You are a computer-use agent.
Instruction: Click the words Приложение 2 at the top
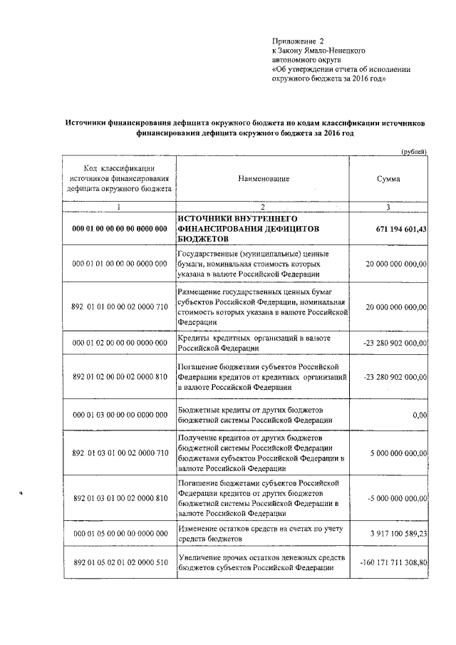pyautogui.click(x=298, y=42)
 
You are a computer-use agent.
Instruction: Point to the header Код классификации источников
pyautogui.click(x=119, y=179)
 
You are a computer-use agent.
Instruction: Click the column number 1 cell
pyautogui.click(x=119, y=207)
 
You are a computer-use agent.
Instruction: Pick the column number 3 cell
pyautogui.click(x=388, y=207)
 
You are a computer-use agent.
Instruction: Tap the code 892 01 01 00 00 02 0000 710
pyautogui.click(x=119, y=306)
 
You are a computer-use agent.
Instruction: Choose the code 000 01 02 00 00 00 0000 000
pyautogui.click(x=119, y=344)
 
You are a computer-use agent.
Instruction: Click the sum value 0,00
pyautogui.click(x=419, y=415)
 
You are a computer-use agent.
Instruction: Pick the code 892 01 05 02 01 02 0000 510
pyautogui.click(x=119, y=562)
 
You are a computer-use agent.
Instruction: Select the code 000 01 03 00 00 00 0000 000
pyautogui.click(x=119, y=415)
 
